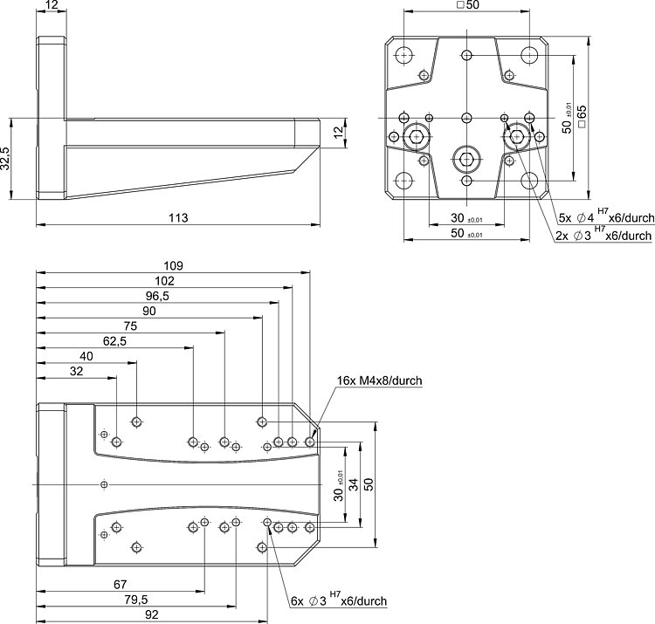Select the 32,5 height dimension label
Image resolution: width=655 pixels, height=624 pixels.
(6, 159)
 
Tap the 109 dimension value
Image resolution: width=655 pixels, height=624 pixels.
(174, 265)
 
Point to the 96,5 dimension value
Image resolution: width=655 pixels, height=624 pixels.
(159, 296)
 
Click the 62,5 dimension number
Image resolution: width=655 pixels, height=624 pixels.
(114, 341)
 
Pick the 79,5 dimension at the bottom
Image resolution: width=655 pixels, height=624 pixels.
(135, 599)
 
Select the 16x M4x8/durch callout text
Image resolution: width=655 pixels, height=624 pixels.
(380, 381)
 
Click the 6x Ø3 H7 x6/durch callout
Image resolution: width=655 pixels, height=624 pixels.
(339, 600)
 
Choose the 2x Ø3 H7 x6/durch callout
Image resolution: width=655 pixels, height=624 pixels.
(603, 235)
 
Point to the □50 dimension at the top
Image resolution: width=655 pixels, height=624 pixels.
(467, 5)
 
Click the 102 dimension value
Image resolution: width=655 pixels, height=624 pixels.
(164, 281)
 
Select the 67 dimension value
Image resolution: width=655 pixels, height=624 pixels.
(121, 584)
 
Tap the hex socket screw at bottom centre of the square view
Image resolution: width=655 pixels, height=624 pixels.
(467, 159)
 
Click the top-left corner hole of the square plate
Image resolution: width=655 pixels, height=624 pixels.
(403, 55)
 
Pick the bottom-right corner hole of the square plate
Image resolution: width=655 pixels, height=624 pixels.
(530, 181)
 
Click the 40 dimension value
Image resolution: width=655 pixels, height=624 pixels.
(86, 356)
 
